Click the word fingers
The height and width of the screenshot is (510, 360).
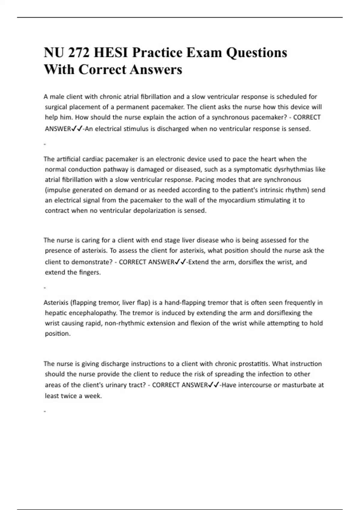[90, 273]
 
